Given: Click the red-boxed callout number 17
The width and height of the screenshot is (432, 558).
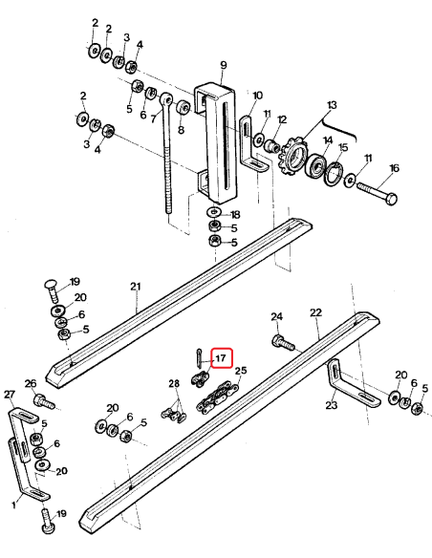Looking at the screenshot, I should (x=221, y=358).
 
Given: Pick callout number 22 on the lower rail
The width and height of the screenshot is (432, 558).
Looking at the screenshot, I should (x=315, y=312).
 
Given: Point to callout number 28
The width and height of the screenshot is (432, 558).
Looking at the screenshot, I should (x=174, y=384).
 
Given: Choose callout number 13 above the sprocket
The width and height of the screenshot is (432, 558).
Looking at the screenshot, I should (x=333, y=104).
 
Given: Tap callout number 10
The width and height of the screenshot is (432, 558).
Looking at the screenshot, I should (x=257, y=97).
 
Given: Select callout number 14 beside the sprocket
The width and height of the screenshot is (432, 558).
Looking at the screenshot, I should (x=328, y=139).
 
